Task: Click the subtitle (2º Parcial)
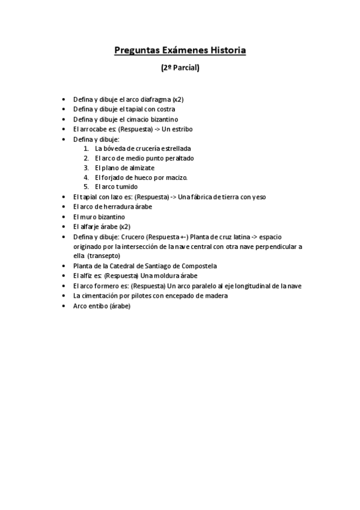coord(180,69)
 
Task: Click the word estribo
coord(180,129)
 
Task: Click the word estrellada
coord(178,148)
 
